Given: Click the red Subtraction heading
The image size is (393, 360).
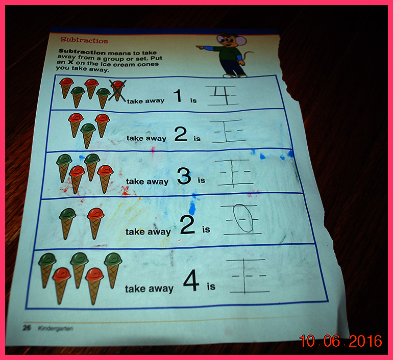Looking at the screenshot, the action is [84, 40].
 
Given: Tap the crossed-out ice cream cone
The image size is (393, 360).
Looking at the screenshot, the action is [117, 91].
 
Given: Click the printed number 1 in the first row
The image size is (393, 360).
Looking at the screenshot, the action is [178, 95].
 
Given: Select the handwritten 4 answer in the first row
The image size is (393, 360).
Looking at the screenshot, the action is [223, 95].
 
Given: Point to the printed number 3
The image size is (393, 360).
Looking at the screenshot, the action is [184, 176].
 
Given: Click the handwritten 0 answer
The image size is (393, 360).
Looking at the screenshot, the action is [243, 218].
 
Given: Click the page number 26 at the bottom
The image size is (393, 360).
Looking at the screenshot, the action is [27, 328].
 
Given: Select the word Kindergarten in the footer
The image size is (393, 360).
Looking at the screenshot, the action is [56, 328].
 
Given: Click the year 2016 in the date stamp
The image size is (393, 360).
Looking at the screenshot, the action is [365, 341].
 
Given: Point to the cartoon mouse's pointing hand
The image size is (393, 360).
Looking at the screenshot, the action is [200, 46].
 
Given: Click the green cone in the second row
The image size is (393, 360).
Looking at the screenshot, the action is [88, 136].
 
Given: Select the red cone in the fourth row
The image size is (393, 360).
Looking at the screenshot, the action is [95, 223].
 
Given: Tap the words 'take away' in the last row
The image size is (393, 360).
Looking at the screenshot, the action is [149, 289].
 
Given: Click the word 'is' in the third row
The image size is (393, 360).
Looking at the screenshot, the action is [202, 180].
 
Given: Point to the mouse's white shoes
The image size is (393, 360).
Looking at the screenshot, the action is [235, 75].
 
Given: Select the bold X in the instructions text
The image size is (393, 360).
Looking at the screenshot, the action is [71, 62].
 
